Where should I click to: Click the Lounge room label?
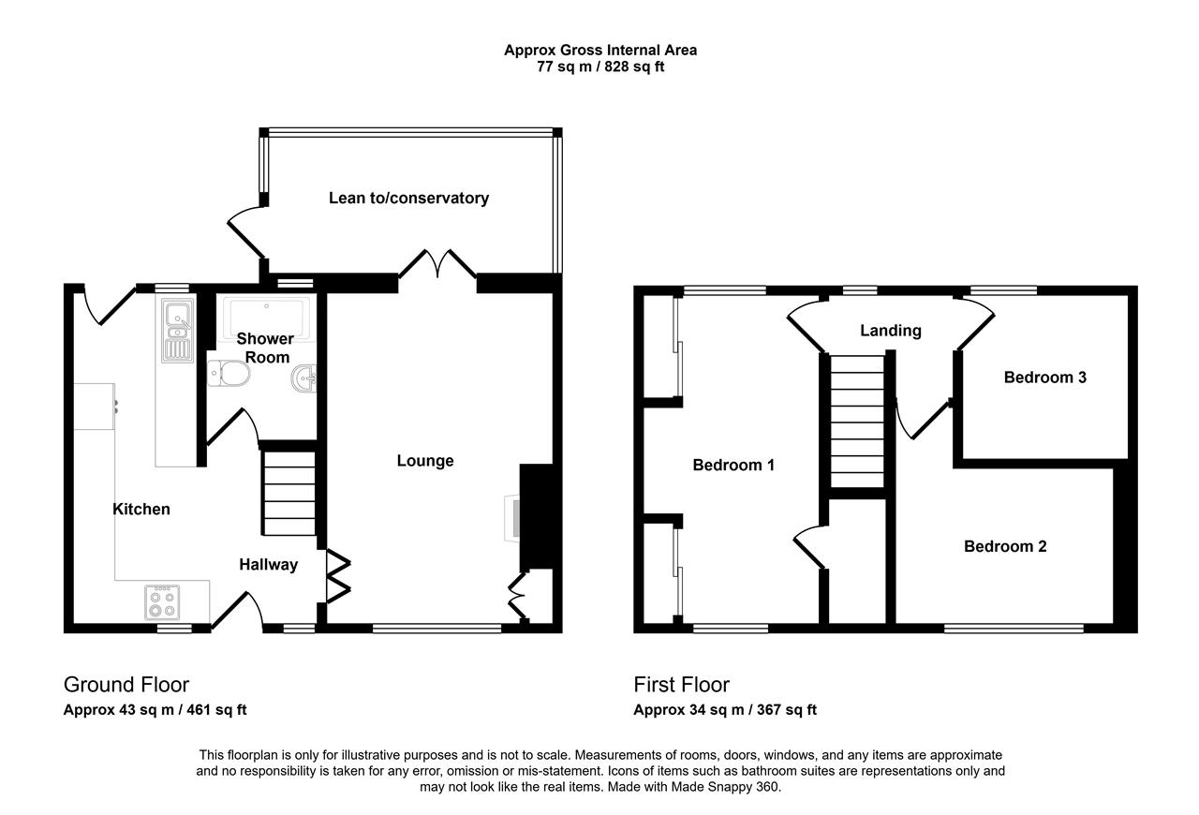pyautogui.click(x=425, y=461)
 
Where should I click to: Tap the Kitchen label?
pyautogui.click(x=141, y=509)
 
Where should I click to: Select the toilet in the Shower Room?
pyautogui.click(x=229, y=373)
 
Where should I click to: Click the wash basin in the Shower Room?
pyautogui.click(x=304, y=379)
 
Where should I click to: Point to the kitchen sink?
pyautogui.click(x=178, y=331)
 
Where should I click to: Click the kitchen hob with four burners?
pyautogui.click(x=162, y=602)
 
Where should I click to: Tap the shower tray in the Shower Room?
pyautogui.click(x=267, y=318)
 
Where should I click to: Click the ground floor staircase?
pyautogui.click(x=289, y=493)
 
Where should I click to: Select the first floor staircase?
pyautogui.click(x=857, y=422)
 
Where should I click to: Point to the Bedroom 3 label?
pyautogui.click(x=1044, y=378)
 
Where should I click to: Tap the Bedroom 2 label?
pyautogui.click(x=1005, y=546)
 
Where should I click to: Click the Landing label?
pyautogui.click(x=891, y=331)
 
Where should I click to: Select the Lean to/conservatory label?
pyautogui.click(x=408, y=198)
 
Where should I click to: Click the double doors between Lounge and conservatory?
pyautogui.click(x=437, y=264)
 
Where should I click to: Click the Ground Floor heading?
pyautogui.click(x=126, y=685)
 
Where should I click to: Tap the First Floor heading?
pyautogui.click(x=681, y=685)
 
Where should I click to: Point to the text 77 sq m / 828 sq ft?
pyautogui.click(x=600, y=67)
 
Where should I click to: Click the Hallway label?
pyautogui.click(x=268, y=564)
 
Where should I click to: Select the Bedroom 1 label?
pyautogui.click(x=733, y=465)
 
